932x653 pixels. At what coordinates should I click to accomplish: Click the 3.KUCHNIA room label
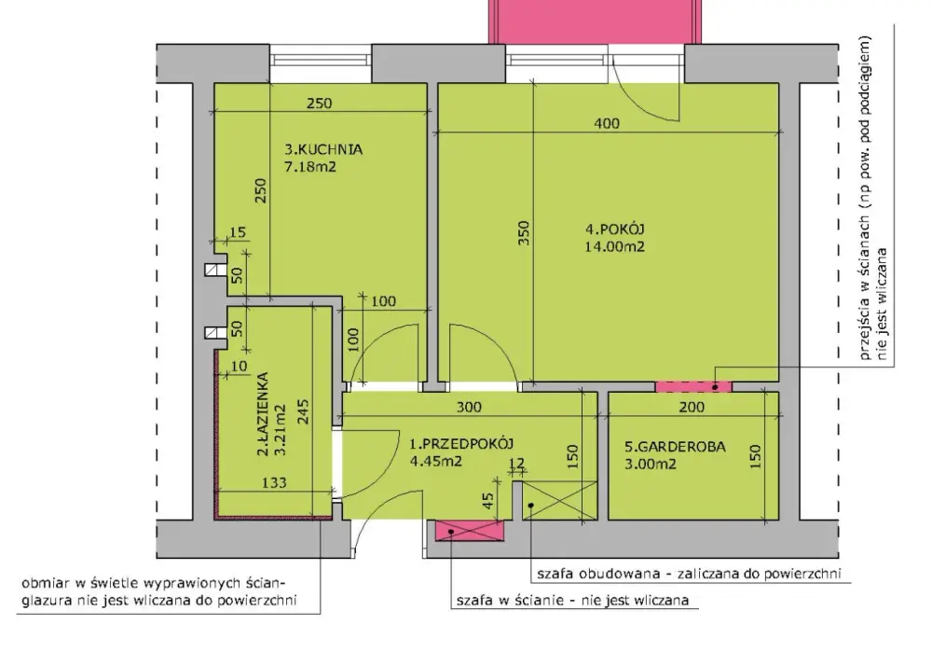(323, 149)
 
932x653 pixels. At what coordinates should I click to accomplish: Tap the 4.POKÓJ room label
(615, 229)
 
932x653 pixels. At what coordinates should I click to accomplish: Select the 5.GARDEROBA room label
(675, 447)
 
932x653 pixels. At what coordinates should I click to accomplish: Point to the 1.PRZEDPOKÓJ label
(461, 443)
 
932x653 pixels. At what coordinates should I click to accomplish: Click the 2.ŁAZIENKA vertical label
(263, 414)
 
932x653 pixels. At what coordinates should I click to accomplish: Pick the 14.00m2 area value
(614, 247)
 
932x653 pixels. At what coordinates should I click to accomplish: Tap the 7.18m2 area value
(310, 167)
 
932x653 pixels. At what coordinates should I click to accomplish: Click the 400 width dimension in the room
(607, 123)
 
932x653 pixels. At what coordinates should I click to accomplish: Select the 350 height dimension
(523, 234)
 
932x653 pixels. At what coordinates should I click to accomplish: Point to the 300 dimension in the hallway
(469, 408)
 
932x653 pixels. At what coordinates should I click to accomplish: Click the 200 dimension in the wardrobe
(692, 408)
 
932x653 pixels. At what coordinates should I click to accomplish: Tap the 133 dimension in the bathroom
(274, 482)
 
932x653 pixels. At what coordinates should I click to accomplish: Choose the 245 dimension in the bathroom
(303, 411)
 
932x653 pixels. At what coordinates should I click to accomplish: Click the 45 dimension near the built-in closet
(487, 501)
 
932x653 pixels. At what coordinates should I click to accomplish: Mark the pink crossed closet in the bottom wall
(470, 531)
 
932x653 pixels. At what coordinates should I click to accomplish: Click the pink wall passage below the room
(693, 386)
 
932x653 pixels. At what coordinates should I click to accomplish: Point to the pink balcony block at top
(595, 21)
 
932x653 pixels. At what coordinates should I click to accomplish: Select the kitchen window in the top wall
(321, 63)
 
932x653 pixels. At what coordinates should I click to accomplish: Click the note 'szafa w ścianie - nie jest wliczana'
(572, 601)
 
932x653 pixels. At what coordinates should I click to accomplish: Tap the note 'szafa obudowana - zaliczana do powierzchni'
(689, 574)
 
